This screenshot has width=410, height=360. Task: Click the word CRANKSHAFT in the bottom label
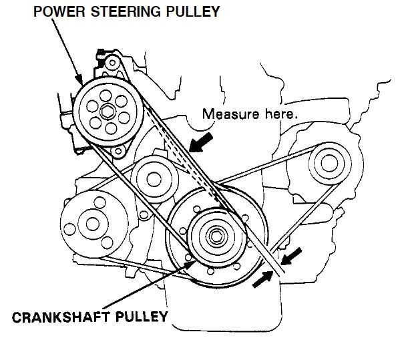[x=67, y=315]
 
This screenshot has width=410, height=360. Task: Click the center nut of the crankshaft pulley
[x=217, y=235]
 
